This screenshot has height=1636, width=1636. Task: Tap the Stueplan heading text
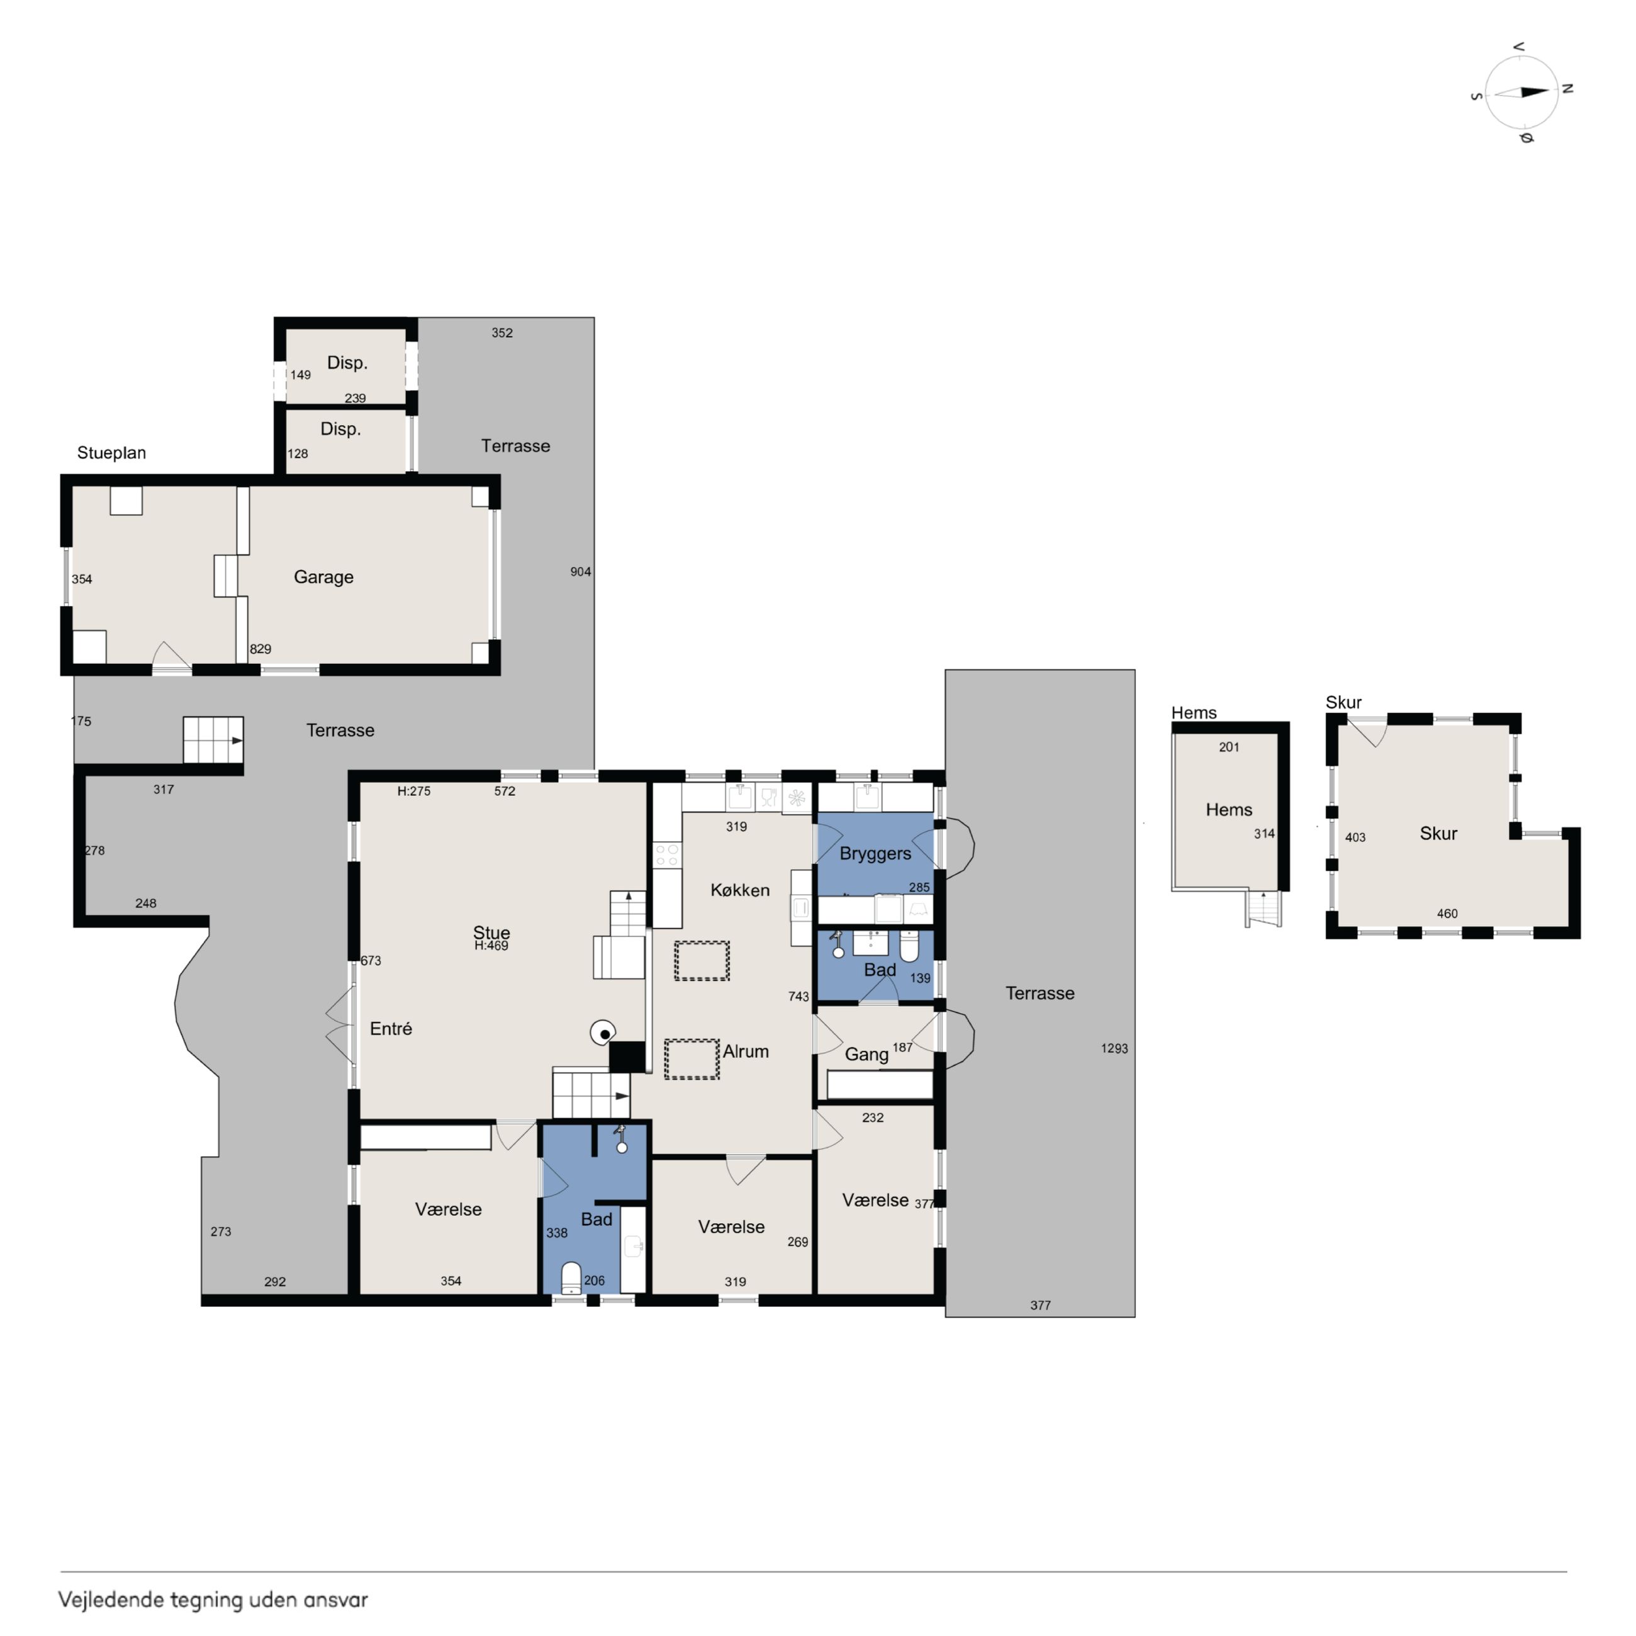pyautogui.click(x=111, y=453)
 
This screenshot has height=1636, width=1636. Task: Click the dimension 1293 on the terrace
pyautogui.click(x=1114, y=1048)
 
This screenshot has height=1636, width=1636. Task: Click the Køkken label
pyautogui.click(x=740, y=890)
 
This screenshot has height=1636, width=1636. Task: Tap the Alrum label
pyautogui.click(x=745, y=1051)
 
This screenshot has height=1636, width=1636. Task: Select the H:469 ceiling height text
pyautogui.click(x=491, y=946)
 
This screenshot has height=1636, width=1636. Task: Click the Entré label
pyautogui.click(x=391, y=1029)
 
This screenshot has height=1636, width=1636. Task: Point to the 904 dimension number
pyautogui.click(x=580, y=571)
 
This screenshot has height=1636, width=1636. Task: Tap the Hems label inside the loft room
pyautogui.click(x=1229, y=810)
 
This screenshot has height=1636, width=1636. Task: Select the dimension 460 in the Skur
pyautogui.click(x=1447, y=914)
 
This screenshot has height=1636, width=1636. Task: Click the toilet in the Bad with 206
pyautogui.click(x=571, y=1279)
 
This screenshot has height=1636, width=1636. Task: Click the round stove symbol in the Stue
pyautogui.click(x=603, y=1033)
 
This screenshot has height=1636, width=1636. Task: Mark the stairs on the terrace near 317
pyautogui.click(x=213, y=740)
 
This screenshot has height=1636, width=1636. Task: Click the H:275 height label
pyautogui.click(x=414, y=792)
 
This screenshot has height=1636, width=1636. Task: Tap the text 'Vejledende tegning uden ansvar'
pyautogui.click(x=213, y=1600)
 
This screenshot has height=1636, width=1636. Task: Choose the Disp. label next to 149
pyautogui.click(x=347, y=363)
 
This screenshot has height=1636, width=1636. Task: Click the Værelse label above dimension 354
pyautogui.click(x=448, y=1209)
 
